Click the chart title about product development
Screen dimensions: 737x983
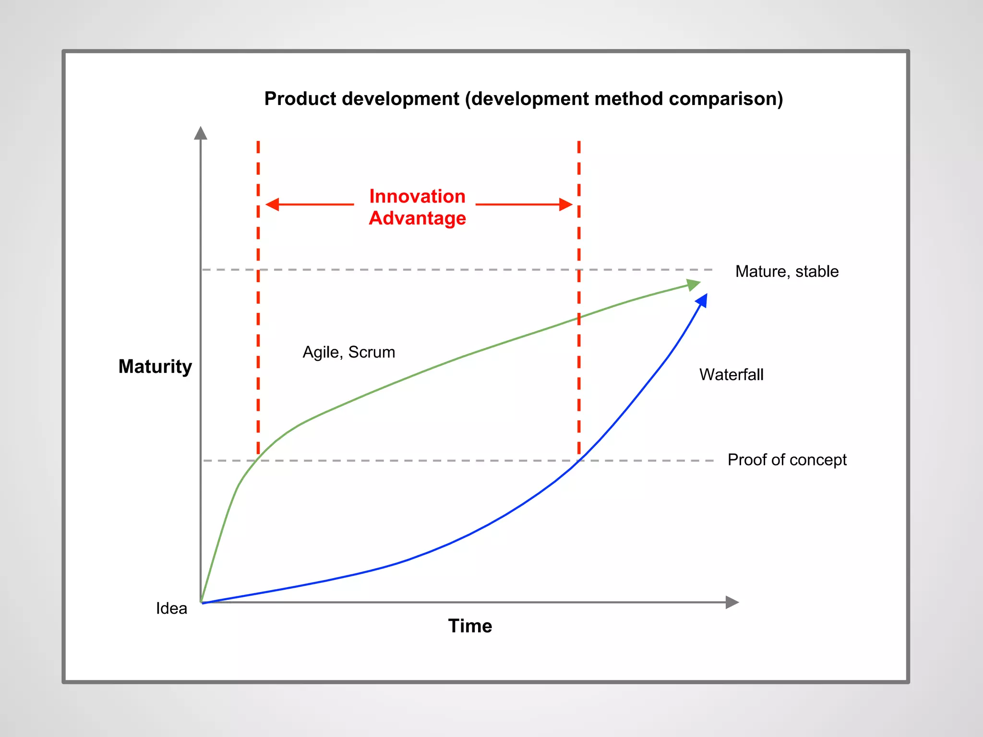click(523, 99)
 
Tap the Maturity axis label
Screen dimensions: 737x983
click(155, 367)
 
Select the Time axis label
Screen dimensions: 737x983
click(470, 626)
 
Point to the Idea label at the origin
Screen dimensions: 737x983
click(171, 608)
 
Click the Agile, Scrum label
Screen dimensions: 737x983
click(348, 352)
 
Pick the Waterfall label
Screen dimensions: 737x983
click(731, 375)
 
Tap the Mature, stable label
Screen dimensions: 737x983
click(787, 272)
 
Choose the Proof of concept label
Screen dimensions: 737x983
click(787, 460)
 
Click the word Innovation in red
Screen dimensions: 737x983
click(417, 196)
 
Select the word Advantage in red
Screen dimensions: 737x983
click(417, 218)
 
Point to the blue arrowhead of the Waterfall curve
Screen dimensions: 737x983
click(702, 301)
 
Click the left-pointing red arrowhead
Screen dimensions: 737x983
click(272, 204)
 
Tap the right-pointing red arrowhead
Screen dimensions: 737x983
click(566, 204)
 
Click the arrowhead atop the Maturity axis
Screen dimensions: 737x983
click(201, 133)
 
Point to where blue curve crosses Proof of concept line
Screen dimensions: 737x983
click(578, 461)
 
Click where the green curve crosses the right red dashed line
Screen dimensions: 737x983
click(579, 318)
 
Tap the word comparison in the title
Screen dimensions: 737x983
click(725, 99)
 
